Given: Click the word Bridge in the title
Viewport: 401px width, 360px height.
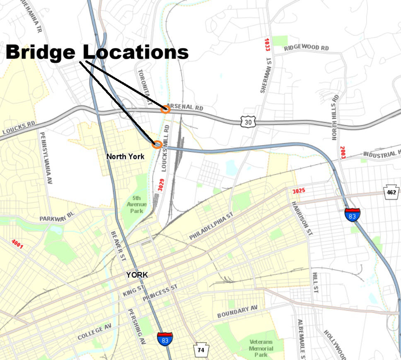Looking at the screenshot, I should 41,53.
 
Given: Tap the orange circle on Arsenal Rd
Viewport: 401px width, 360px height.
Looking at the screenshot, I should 165,109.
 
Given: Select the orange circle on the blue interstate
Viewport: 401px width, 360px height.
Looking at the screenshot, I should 157,144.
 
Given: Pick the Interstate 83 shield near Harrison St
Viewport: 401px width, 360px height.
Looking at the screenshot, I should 352,214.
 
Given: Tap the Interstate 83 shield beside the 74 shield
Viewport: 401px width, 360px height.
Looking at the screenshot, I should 165,338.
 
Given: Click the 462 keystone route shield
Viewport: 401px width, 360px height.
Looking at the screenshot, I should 391,192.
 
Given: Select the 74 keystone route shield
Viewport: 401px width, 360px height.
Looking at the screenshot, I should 200,350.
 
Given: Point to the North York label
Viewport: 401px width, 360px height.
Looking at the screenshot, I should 125,156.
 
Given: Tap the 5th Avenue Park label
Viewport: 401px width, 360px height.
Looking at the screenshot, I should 135,204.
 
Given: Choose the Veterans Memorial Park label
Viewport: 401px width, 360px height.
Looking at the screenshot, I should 261,348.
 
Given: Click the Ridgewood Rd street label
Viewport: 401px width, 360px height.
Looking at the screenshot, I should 306,48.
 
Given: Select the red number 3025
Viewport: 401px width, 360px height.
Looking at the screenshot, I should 299,191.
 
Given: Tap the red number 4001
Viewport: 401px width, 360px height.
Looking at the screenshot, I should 17,245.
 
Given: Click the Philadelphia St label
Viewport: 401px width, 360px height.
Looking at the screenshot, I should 211,227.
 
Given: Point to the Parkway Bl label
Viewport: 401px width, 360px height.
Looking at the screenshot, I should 57,217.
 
